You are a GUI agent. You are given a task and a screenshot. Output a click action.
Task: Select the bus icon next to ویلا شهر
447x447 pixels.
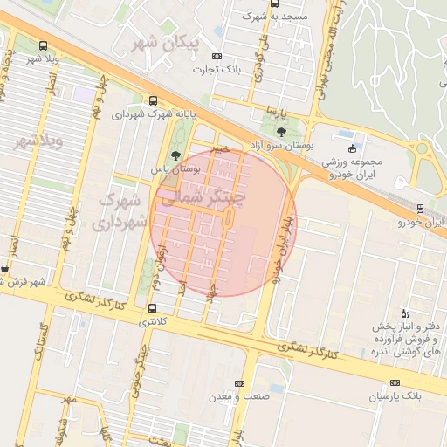[44, 46]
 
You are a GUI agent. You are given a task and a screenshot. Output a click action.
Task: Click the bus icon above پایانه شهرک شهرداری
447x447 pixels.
[154, 100]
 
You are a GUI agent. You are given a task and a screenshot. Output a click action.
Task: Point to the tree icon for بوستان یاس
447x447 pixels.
[176, 155]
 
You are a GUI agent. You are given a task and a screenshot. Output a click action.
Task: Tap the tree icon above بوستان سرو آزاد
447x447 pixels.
[279, 130]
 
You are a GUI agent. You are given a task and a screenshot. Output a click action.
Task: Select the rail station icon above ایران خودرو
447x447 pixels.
[420, 208]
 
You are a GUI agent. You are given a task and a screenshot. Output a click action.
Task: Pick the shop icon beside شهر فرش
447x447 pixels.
[6, 269]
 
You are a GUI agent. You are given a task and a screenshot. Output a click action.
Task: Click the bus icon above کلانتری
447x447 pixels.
[154, 308]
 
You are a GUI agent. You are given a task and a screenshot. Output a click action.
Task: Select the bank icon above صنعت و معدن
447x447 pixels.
[240, 383]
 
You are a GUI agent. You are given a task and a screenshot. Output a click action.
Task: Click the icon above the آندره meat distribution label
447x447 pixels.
[403, 313]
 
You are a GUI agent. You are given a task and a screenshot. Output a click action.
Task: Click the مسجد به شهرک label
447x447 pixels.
[275, 16]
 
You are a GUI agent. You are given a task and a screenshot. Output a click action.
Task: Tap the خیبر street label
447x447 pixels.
[220, 149]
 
